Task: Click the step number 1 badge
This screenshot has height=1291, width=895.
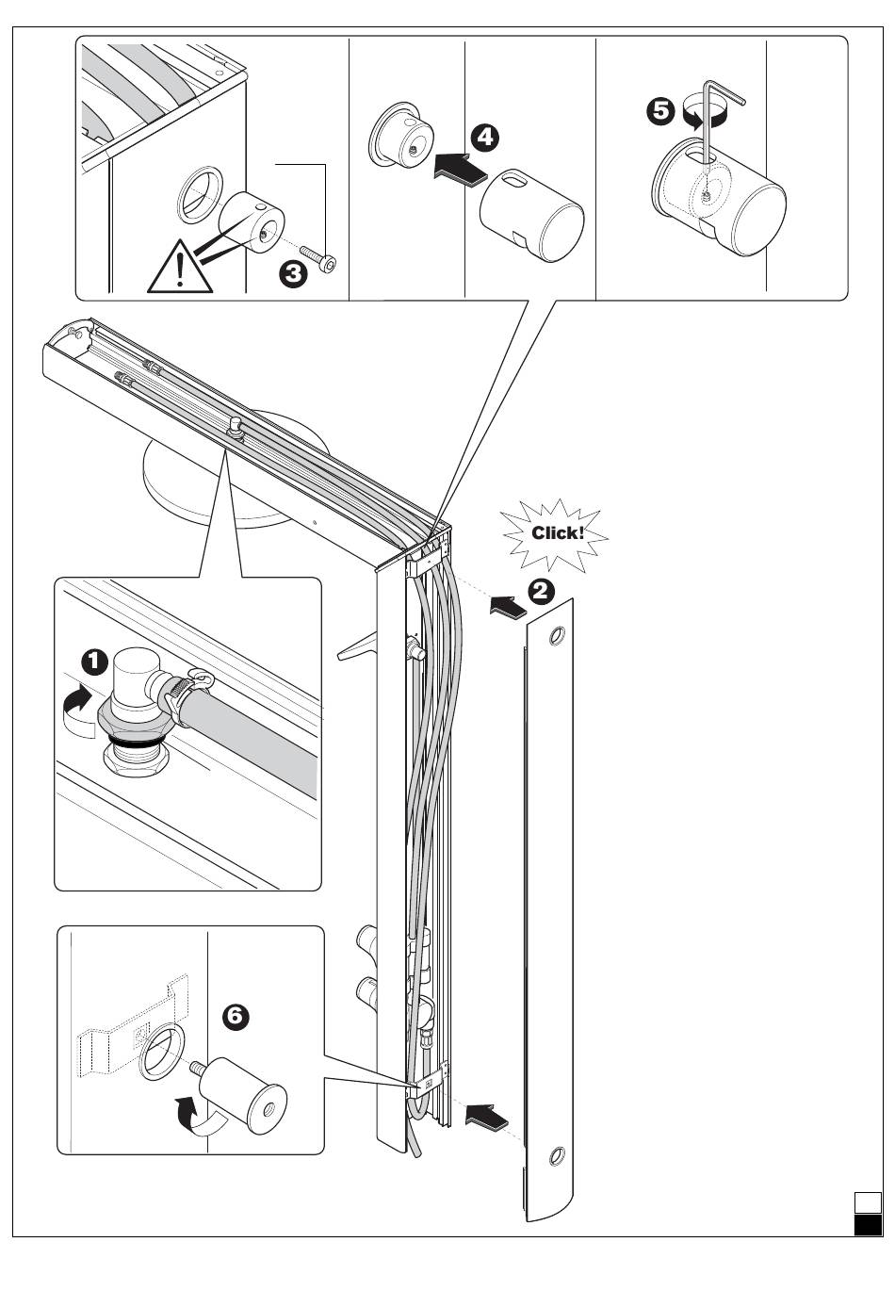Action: click(94, 662)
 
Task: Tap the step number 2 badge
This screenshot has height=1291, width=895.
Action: click(541, 592)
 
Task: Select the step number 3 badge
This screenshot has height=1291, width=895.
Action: click(293, 273)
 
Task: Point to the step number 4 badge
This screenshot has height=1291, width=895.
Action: click(484, 138)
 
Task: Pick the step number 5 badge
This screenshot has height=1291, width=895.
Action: click(660, 110)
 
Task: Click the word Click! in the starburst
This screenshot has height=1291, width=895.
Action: click(558, 532)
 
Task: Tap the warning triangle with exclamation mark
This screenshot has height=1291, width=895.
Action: click(180, 267)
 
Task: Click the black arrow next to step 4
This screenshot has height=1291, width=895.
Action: click(460, 169)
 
